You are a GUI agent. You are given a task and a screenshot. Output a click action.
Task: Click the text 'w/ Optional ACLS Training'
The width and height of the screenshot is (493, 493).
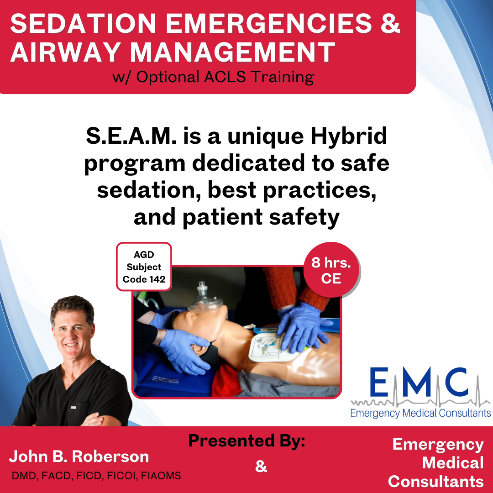pos(213,77)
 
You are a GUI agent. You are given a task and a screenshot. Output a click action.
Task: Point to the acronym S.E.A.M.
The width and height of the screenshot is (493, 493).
pos(131,136)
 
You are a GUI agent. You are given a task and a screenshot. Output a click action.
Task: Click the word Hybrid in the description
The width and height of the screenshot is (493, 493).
pos(348,136)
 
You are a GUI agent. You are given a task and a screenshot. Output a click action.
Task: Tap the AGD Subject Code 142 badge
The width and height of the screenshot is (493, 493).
pos(144,267)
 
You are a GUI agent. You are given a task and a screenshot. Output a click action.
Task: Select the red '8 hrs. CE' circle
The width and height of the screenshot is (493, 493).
pos(331,270)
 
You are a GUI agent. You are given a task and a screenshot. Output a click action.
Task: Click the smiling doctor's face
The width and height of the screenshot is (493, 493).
pos(73,333)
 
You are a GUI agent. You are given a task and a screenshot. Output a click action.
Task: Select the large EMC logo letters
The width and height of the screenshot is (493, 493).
pos(419,382)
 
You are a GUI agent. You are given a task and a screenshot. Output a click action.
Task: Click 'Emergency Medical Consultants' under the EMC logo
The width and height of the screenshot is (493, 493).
pos(421,413)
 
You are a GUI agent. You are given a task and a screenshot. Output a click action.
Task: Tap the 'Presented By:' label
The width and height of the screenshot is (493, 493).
pos(246,441)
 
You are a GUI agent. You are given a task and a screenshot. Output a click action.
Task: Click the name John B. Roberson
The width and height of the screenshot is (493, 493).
pos(79,456)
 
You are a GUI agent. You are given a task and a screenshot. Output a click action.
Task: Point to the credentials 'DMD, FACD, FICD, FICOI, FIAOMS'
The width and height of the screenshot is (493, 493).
pos(96,476)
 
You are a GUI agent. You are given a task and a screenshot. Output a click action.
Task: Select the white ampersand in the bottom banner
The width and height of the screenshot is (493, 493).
pos(261,466)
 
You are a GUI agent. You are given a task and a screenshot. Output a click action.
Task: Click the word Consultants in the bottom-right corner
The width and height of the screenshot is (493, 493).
pos(436,482)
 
